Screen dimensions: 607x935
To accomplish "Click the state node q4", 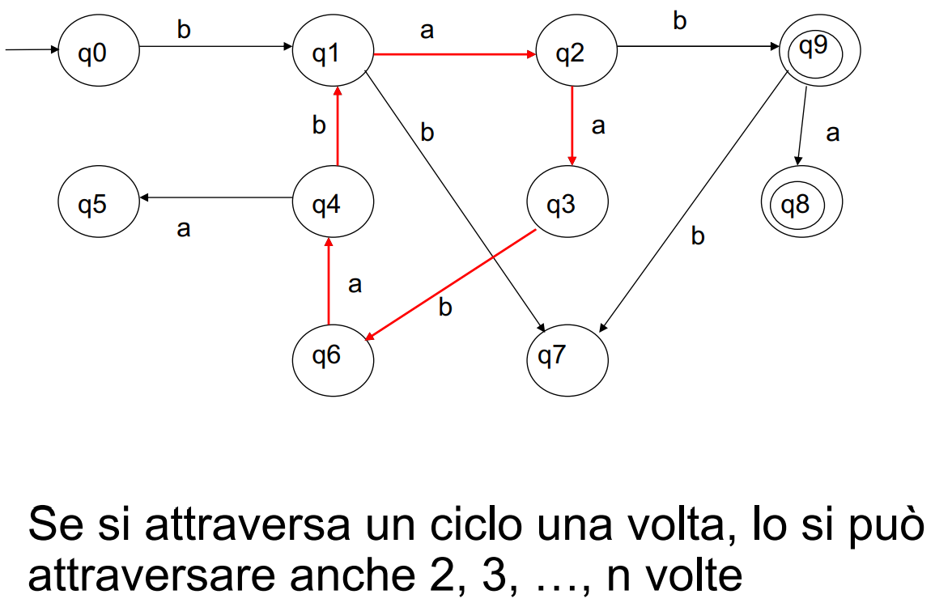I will pos(333,204).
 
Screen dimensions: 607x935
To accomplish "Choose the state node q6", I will pos(333,356).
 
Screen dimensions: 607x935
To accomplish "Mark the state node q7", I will pos(567,356).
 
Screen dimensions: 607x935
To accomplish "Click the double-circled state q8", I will pos(801,204).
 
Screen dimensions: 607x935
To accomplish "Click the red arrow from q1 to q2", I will pos(453,54).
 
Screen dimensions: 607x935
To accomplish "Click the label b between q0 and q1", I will pos(184,30).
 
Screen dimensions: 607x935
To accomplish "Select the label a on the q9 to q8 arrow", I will pos(832,134).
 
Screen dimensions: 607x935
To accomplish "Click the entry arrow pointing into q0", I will pos(32,50).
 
